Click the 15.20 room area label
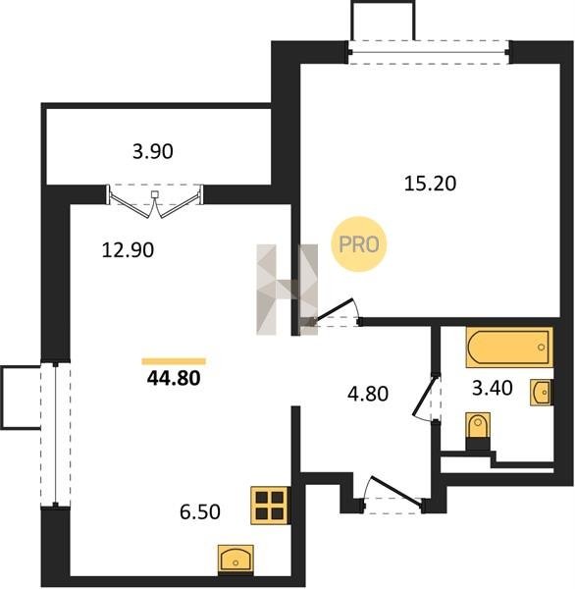(x=430, y=184)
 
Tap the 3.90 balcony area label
(x=153, y=152)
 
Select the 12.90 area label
(x=128, y=250)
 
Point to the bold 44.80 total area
(x=174, y=378)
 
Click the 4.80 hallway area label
(x=368, y=394)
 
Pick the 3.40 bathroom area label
(x=492, y=388)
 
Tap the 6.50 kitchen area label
(x=200, y=511)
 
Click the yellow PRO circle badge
(x=359, y=244)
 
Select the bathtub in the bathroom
(x=509, y=347)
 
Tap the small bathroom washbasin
(x=542, y=392)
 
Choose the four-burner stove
(x=270, y=506)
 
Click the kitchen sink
(x=235, y=560)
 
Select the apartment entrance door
(x=396, y=490)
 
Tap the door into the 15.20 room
(x=334, y=310)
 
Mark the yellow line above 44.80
(x=174, y=361)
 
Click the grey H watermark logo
(x=287, y=290)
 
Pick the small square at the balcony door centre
(x=155, y=194)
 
